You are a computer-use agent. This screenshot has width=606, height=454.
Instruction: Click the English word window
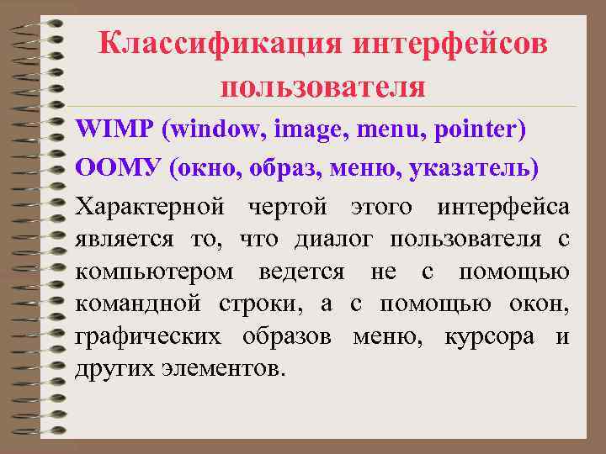click(212, 130)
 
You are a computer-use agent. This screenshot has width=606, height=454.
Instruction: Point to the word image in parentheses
click(311, 132)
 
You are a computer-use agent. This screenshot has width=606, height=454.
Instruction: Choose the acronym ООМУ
click(118, 167)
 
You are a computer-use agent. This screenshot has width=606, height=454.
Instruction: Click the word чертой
click(290, 205)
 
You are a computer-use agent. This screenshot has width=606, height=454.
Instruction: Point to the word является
click(125, 240)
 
